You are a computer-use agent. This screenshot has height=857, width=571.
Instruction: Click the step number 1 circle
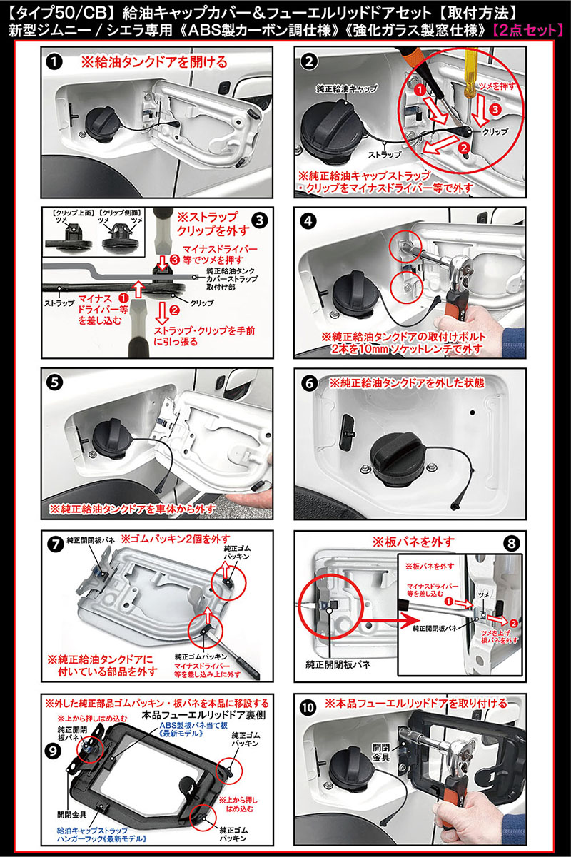54,61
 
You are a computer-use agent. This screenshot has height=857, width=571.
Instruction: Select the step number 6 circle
308,382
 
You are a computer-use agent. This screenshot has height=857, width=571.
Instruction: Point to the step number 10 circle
308,709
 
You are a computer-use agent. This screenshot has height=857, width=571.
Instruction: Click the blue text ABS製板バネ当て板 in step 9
178,722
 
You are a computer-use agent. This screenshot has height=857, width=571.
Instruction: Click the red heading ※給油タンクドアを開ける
154,61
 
